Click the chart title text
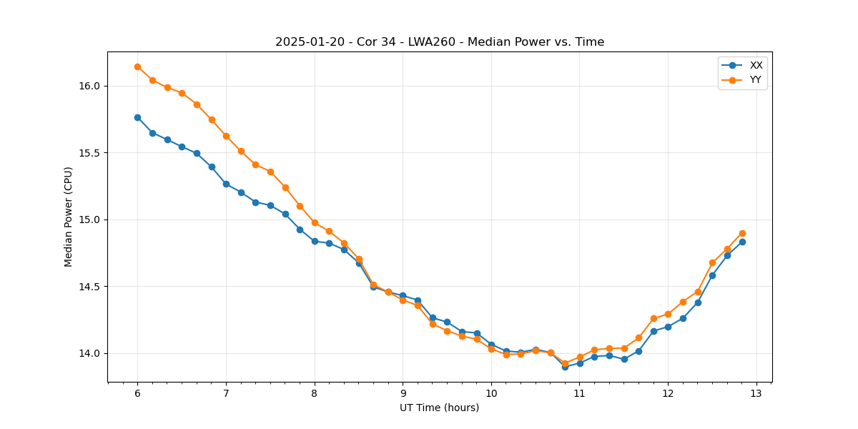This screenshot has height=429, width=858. coord(440,42)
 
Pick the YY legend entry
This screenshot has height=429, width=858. coord(755,80)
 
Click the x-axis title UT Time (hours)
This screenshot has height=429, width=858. coord(439,408)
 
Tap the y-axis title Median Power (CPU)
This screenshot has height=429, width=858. coord(69,217)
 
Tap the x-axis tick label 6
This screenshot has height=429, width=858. coord(137,394)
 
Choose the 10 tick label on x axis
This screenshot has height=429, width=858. coord(491,394)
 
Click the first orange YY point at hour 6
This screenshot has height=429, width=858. coord(137,66)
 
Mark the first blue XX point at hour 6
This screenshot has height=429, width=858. coord(137,117)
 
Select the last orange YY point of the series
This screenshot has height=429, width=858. coord(742,233)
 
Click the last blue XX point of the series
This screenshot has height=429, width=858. coord(742,242)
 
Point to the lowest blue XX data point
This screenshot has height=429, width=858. coord(565,367)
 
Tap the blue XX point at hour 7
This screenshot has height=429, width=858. coord(226,184)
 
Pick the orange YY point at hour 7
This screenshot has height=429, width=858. coord(226,136)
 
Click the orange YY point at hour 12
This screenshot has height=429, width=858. coord(668,314)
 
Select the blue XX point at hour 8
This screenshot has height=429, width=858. coord(315,241)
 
